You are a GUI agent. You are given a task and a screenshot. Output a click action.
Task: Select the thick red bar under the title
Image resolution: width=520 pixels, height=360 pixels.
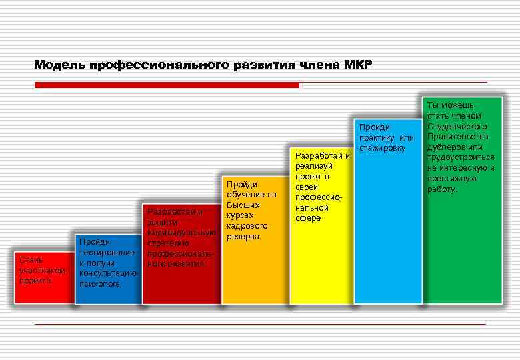(167, 85)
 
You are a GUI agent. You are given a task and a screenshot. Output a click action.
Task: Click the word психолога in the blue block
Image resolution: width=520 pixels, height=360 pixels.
(99, 283)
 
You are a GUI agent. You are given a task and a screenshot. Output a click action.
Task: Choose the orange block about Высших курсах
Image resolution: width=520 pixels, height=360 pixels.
(251, 267)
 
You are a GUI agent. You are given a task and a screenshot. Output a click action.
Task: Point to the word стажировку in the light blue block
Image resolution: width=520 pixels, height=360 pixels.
(382, 147)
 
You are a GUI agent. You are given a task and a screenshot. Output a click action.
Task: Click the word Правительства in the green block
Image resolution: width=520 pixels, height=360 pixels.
(457, 137)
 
